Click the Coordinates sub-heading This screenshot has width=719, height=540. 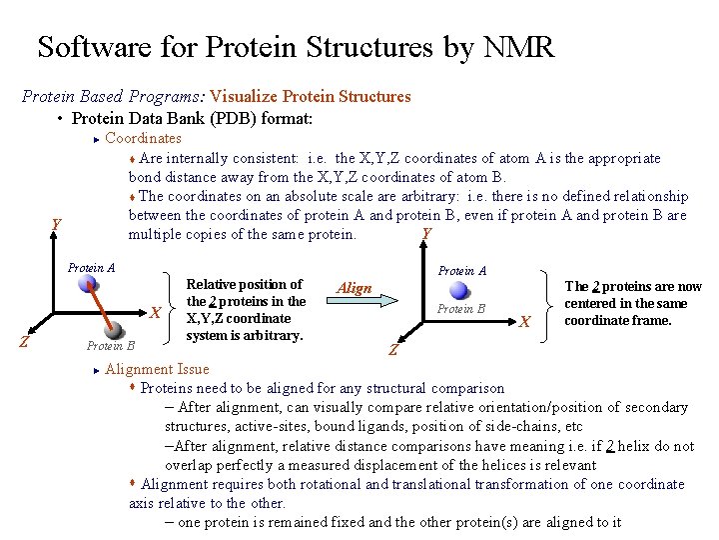tap(143, 138)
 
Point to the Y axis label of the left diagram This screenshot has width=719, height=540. tap(57, 227)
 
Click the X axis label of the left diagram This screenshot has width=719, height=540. tap(156, 313)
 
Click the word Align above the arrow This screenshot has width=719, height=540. tap(355, 288)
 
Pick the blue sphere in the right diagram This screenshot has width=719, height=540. tap(459, 290)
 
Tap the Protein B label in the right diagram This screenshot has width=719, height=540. tap(460, 309)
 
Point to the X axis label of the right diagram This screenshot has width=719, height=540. tap(524, 321)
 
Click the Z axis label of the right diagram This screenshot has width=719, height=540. tap(392, 351)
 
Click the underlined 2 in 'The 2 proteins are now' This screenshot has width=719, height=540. tap(596, 286)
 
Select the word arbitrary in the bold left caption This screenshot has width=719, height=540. tap(269, 335)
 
